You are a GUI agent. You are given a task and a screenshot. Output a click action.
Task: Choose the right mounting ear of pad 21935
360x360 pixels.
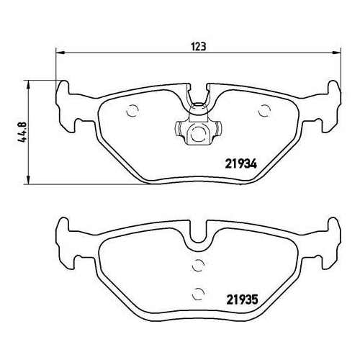pyautogui.click(x=330, y=237)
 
